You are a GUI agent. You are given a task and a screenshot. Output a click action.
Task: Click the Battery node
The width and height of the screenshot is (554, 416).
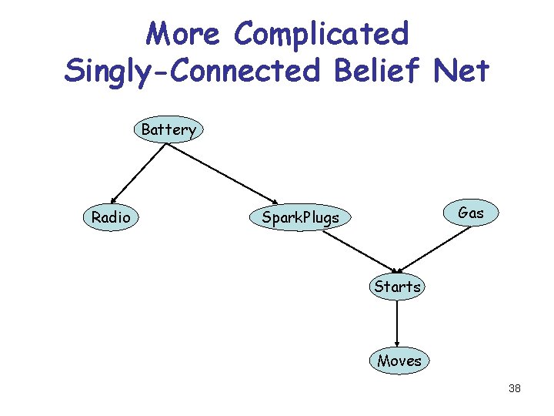(x=169, y=130)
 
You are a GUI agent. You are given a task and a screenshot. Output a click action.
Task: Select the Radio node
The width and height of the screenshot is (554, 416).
(x=111, y=218)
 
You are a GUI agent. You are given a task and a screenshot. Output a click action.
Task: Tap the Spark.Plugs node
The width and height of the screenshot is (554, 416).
(x=300, y=218)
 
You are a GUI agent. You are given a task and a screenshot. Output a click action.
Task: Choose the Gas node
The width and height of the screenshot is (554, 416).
(x=470, y=213)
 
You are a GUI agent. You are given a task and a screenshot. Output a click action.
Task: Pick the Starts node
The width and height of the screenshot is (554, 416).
(x=397, y=287)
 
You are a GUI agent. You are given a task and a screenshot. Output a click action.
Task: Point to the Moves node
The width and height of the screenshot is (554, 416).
(x=399, y=361)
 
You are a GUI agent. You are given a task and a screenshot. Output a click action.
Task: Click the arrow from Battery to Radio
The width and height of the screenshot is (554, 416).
(x=138, y=173)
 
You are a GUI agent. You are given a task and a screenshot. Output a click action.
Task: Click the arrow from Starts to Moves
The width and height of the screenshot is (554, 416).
(x=397, y=324)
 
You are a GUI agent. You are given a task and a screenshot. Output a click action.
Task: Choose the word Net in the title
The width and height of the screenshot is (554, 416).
(x=461, y=70)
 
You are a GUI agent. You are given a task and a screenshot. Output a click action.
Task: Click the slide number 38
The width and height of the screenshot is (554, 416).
(x=515, y=388)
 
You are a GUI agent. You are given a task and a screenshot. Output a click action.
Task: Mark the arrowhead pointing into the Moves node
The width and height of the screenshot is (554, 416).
(x=397, y=344)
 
